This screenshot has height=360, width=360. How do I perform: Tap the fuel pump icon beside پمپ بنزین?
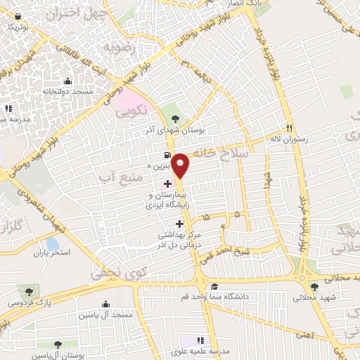click(x=166, y=155)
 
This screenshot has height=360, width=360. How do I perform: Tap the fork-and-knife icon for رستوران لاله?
click(x=288, y=128)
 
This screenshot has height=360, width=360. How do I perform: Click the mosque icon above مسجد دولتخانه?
click(x=67, y=82)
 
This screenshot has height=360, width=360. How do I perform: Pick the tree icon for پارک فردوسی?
click(x=28, y=290)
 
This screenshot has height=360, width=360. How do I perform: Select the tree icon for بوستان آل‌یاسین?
click(x=58, y=345)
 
